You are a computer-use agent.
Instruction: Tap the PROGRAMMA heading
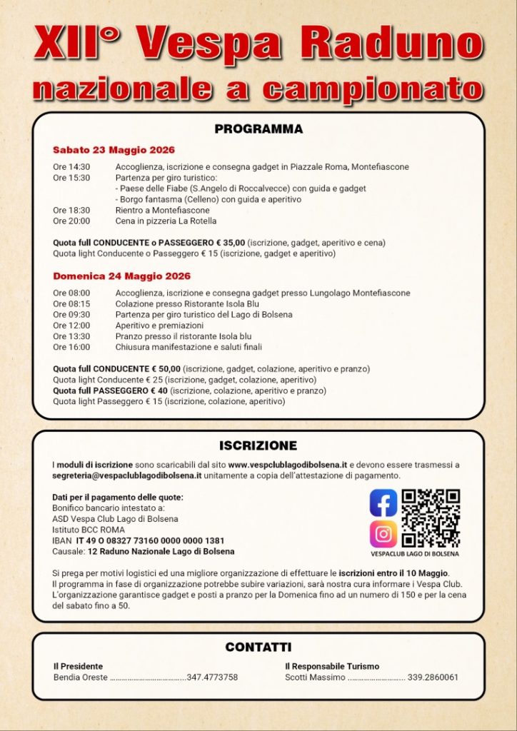tap(258, 129)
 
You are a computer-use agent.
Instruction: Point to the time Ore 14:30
tap(71, 167)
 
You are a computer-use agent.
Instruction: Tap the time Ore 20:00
tap(71, 221)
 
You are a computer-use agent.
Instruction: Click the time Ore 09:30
tap(71, 314)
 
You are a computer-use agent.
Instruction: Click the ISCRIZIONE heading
tap(258, 445)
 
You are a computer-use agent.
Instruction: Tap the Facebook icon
tap(383, 503)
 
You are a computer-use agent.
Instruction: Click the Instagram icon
tap(383, 534)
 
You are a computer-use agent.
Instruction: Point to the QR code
tap(431, 518)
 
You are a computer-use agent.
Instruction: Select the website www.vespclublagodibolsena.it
tap(288, 465)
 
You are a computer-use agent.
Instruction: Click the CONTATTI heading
tap(258, 647)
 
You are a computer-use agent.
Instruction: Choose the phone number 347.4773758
tap(212, 677)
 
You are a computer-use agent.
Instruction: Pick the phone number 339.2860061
tap(433, 677)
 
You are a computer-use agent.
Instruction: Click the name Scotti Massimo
tap(315, 677)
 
